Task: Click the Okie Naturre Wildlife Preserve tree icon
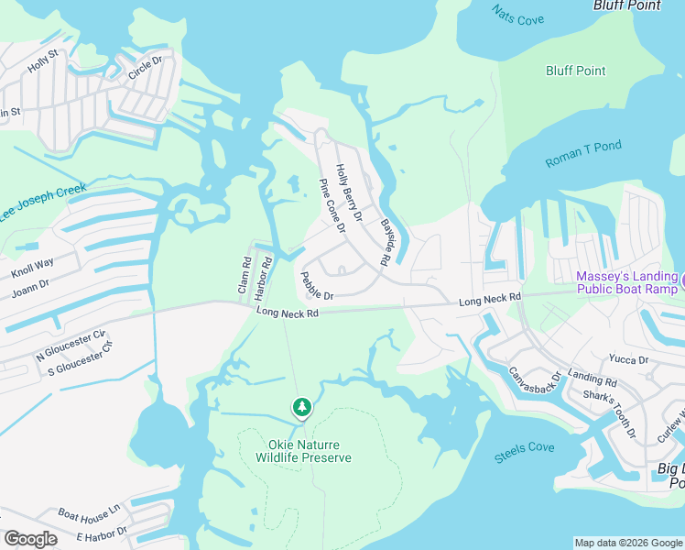(301, 406)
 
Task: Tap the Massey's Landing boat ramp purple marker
(681, 278)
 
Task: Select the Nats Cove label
(518, 15)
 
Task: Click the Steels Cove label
(525, 447)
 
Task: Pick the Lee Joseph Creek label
(43, 202)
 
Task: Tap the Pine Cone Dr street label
(332, 205)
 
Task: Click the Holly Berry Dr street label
(349, 193)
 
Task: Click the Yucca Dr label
(629, 360)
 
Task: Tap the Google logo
(30, 539)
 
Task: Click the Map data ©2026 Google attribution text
(627, 543)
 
